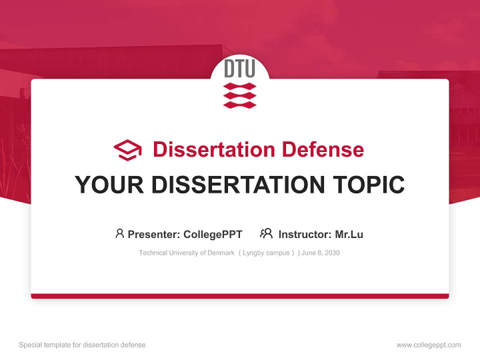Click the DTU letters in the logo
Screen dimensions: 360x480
pos(239,69)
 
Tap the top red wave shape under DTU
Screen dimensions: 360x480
pos(239,86)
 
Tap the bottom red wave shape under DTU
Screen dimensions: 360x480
pos(239,104)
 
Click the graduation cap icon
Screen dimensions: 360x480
pos(127,149)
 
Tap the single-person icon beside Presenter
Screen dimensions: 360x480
pos(119,233)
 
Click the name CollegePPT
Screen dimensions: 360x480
pos(213,234)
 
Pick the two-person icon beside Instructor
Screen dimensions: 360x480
pos(266,233)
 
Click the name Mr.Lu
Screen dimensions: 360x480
pos(349,234)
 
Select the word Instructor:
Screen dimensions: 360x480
pos(304,234)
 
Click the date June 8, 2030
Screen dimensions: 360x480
pos(320,253)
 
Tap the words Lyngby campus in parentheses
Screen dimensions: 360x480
pos(266,253)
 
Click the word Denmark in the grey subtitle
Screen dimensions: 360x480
pos(221,253)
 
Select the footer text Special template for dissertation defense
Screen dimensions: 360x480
pos(82,345)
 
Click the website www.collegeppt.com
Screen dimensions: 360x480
pos(428,345)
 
